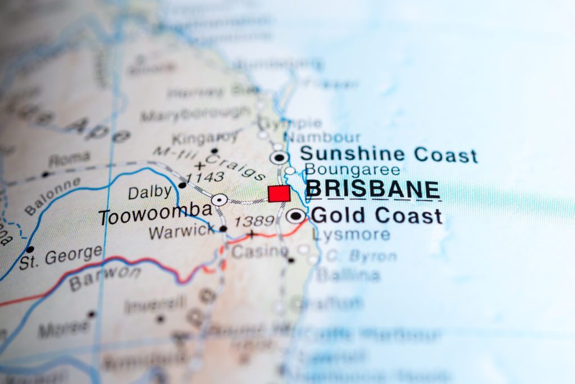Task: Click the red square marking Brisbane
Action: (x=279, y=193)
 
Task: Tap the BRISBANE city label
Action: (x=373, y=190)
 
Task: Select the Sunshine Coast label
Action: (x=388, y=154)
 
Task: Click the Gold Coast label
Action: (x=376, y=215)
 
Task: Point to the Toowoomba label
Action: (x=156, y=214)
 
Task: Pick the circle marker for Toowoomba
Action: (x=220, y=199)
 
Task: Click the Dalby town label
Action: (x=149, y=192)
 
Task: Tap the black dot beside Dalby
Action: (x=182, y=185)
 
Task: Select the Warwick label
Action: (x=181, y=231)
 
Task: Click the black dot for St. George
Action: (x=30, y=249)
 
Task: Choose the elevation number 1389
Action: (x=253, y=221)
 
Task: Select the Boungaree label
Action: (x=352, y=170)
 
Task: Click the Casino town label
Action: (x=259, y=252)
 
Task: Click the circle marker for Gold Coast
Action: (x=295, y=216)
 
